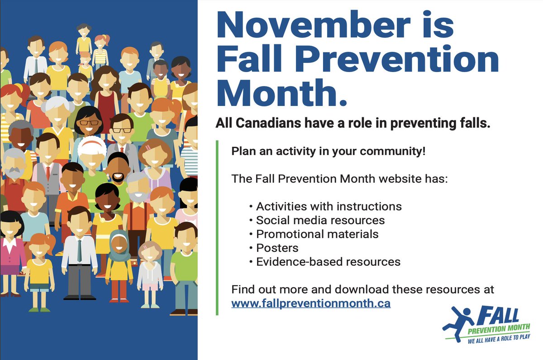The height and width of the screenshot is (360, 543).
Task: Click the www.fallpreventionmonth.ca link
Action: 310,303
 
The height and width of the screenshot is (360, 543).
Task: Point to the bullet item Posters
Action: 277,248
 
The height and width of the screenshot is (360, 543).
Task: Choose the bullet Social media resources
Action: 320,221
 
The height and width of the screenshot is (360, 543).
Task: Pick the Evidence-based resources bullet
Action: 328,262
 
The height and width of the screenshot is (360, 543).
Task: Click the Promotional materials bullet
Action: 317,234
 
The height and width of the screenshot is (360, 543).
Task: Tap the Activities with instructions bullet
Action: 329,206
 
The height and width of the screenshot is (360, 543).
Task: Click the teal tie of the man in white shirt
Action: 80,250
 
